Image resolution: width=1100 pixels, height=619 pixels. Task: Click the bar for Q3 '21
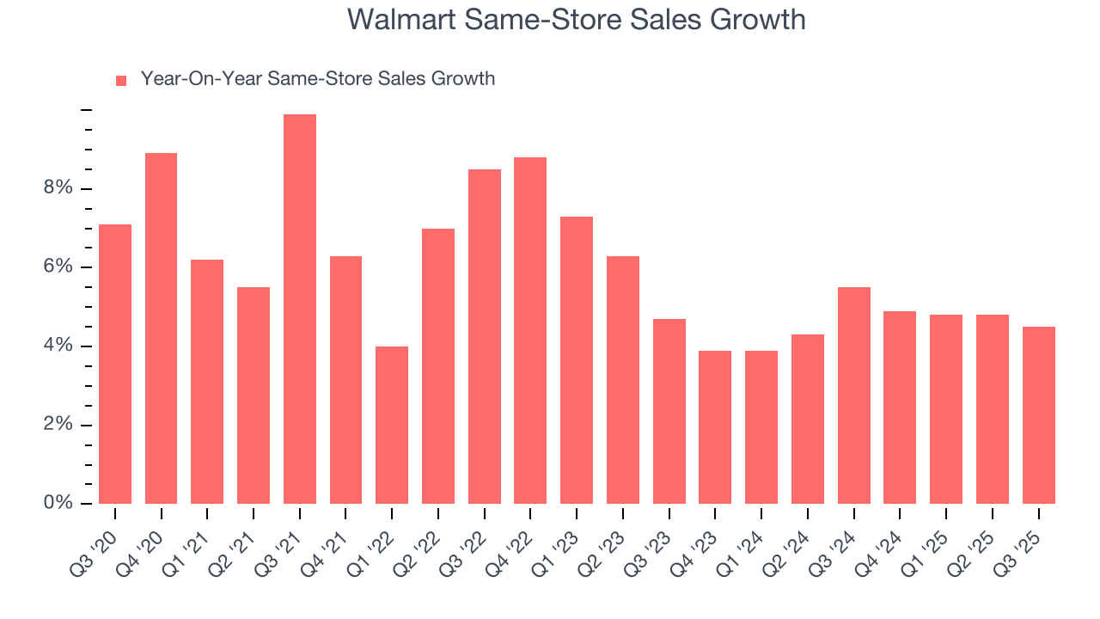pyautogui.click(x=300, y=309)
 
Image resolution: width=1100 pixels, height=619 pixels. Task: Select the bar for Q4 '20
pyautogui.click(x=162, y=328)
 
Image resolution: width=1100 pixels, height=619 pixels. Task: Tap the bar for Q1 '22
pyautogui.click(x=392, y=425)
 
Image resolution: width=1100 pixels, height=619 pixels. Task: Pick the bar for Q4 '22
pyautogui.click(x=530, y=330)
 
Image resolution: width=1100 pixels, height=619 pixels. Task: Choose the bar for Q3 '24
pyautogui.click(x=854, y=395)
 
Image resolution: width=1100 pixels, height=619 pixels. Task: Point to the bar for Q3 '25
pyautogui.click(x=1039, y=415)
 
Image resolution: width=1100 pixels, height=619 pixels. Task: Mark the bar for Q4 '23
pyautogui.click(x=715, y=427)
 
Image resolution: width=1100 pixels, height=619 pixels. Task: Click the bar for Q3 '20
pyautogui.click(x=115, y=364)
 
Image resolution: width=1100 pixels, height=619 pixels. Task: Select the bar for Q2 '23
pyautogui.click(x=623, y=380)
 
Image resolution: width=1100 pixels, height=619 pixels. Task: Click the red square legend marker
pyautogui.click(x=121, y=80)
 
